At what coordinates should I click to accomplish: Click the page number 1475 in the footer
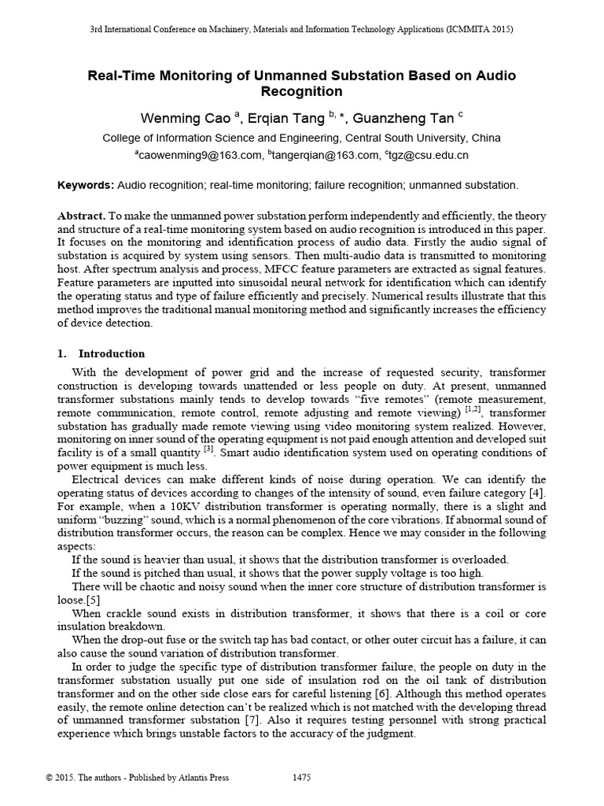[x=301, y=778]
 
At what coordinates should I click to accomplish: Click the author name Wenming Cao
[x=186, y=119]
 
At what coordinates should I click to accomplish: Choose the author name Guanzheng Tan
[x=403, y=119]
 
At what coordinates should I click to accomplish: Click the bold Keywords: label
[x=86, y=185]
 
